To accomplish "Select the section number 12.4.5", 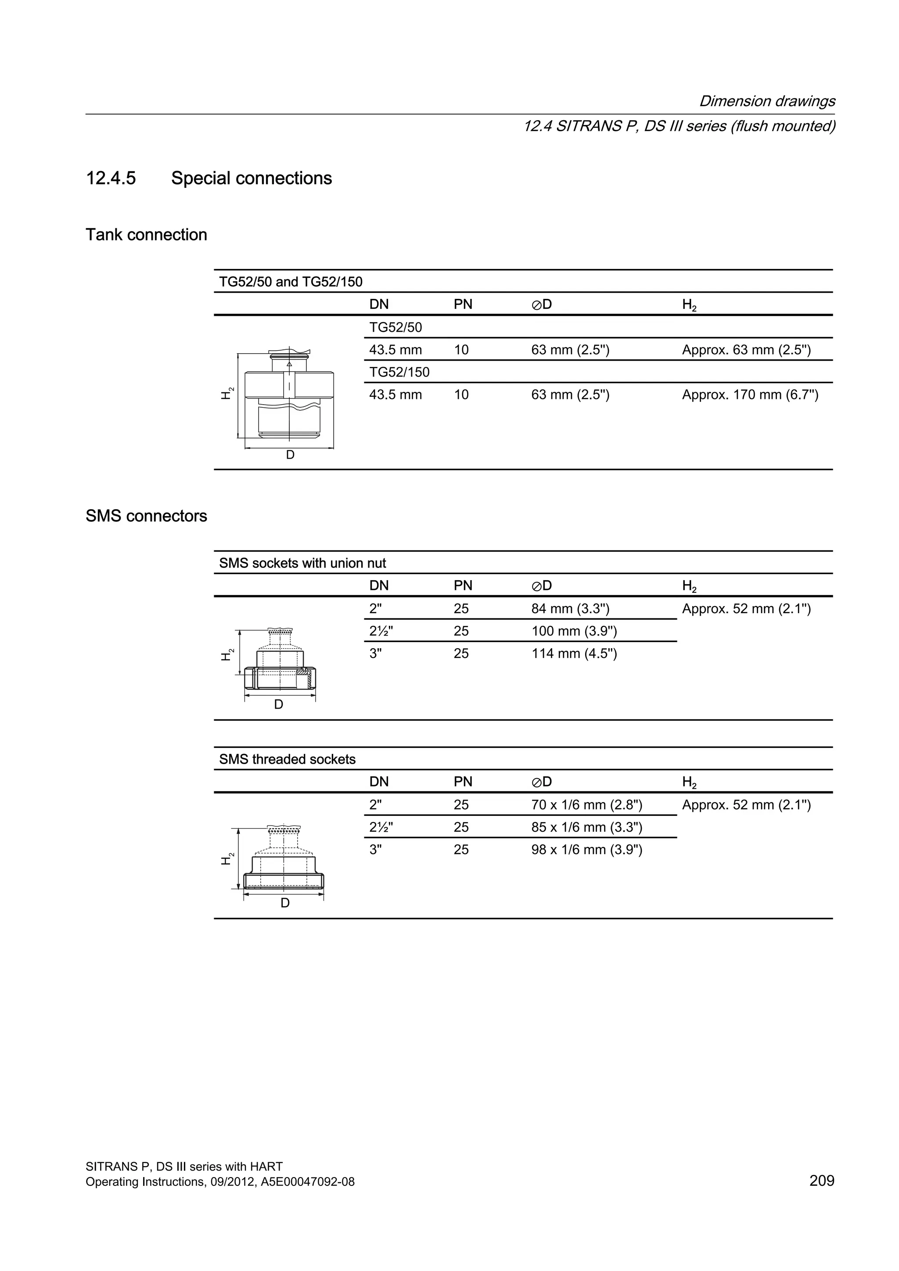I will [x=111, y=178].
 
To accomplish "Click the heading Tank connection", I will [x=146, y=235].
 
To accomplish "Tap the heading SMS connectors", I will [x=146, y=516].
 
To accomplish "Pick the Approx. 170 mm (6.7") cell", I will [x=750, y=395].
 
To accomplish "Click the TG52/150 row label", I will [x=399, y=372].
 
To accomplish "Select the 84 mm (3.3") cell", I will [x=570, y=609].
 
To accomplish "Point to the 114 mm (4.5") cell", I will [x=574, y=654].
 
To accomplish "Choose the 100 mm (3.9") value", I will [x=574, y=631].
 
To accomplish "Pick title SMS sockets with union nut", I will [x=302, y=564].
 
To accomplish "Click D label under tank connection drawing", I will [x=290, y=455].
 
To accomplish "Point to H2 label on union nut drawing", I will [x=227, y=654].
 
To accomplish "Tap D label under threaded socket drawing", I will [x=284, y=903].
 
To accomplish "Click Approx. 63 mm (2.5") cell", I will [x=746, y=350].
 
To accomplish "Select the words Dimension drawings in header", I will [x=767, y=101].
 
